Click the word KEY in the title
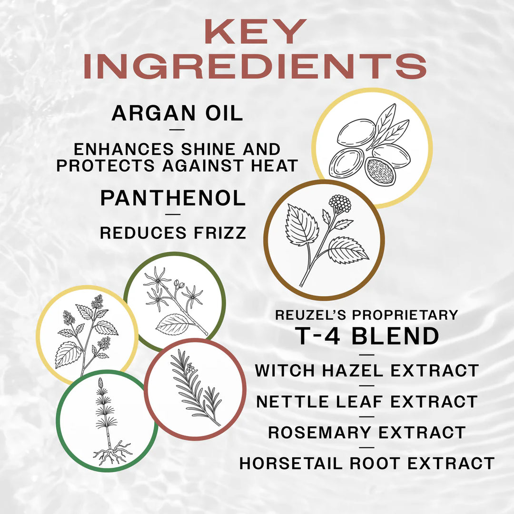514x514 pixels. (256, 32)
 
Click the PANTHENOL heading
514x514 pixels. (173, 198)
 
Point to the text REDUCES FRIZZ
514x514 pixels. (173, 233)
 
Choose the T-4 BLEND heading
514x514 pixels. (367, 336)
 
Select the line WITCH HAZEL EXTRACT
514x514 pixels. (366, 370)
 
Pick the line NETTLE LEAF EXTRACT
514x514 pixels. (366, 401)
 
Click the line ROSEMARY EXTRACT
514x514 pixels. (366, 432)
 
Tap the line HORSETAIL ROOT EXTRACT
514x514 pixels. (366, 463)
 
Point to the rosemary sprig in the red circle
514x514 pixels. (195, 388)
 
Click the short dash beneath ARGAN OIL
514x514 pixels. (177, 129)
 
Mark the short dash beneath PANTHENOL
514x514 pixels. (173, 214)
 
